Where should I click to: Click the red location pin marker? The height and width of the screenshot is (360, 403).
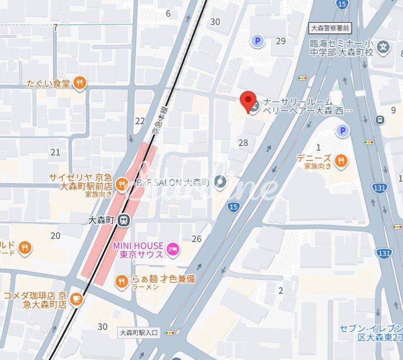tap(247, 101)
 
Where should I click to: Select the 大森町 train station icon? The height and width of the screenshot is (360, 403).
tap(124, 220)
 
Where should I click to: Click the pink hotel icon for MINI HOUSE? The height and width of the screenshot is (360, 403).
tap(173, 249)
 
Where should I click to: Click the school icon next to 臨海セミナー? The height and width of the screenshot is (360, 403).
tap(384, 48)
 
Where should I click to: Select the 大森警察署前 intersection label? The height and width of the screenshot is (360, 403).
tap(329, 28)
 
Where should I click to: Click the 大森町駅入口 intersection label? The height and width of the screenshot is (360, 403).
tap(139, 333)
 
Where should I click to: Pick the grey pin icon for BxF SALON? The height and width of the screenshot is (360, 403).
tap(220, 181)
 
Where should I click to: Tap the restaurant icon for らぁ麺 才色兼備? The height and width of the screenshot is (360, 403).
tap(121, 282)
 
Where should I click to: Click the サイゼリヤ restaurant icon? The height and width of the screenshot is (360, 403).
tap(121, 185)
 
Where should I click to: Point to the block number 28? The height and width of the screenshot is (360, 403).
tap(243, 143)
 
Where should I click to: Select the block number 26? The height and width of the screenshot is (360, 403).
tap(196, 239)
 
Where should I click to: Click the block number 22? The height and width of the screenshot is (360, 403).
tap(140, 121)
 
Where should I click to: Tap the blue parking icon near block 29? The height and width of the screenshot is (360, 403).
tap(258, 41)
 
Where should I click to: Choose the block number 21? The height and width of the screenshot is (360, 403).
tap(55, 152)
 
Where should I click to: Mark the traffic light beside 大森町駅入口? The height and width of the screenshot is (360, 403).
tap(171, 333)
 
